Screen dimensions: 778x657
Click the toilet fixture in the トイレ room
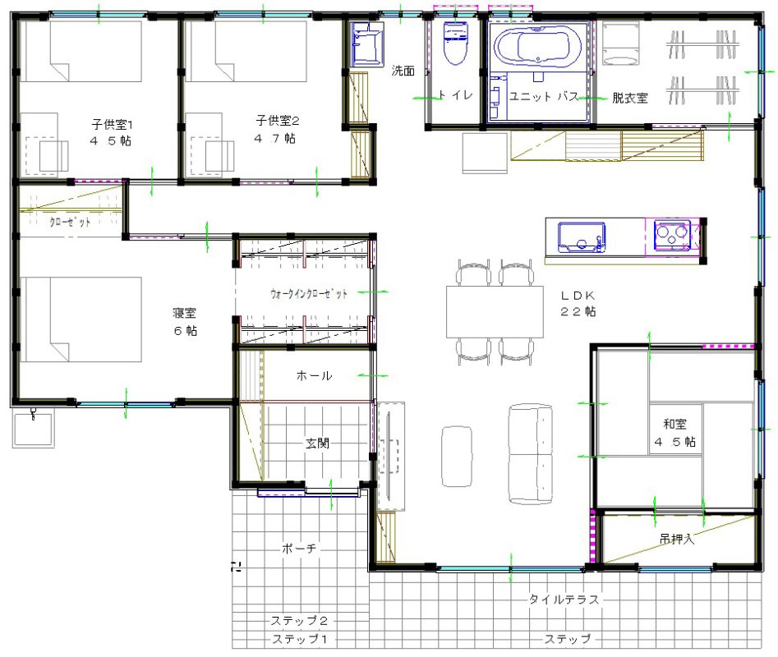455,44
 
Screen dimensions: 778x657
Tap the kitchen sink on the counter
582,237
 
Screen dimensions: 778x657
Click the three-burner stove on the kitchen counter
672,234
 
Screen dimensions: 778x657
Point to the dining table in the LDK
495,312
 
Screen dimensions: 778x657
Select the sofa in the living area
531,454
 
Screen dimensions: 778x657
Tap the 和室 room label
674,424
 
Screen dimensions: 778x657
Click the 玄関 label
317,443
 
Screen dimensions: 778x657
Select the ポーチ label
299,549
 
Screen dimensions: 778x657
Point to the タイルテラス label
564,599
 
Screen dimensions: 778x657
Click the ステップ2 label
299,620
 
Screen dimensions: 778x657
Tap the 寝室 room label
185,312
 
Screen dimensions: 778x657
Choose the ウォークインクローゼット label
309,293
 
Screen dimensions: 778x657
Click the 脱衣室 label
630,98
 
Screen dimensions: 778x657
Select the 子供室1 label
112,123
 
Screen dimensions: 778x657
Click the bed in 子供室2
246,51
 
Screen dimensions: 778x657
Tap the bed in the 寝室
81,319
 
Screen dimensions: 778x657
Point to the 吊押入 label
677,539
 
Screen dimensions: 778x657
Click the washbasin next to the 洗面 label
366,44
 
